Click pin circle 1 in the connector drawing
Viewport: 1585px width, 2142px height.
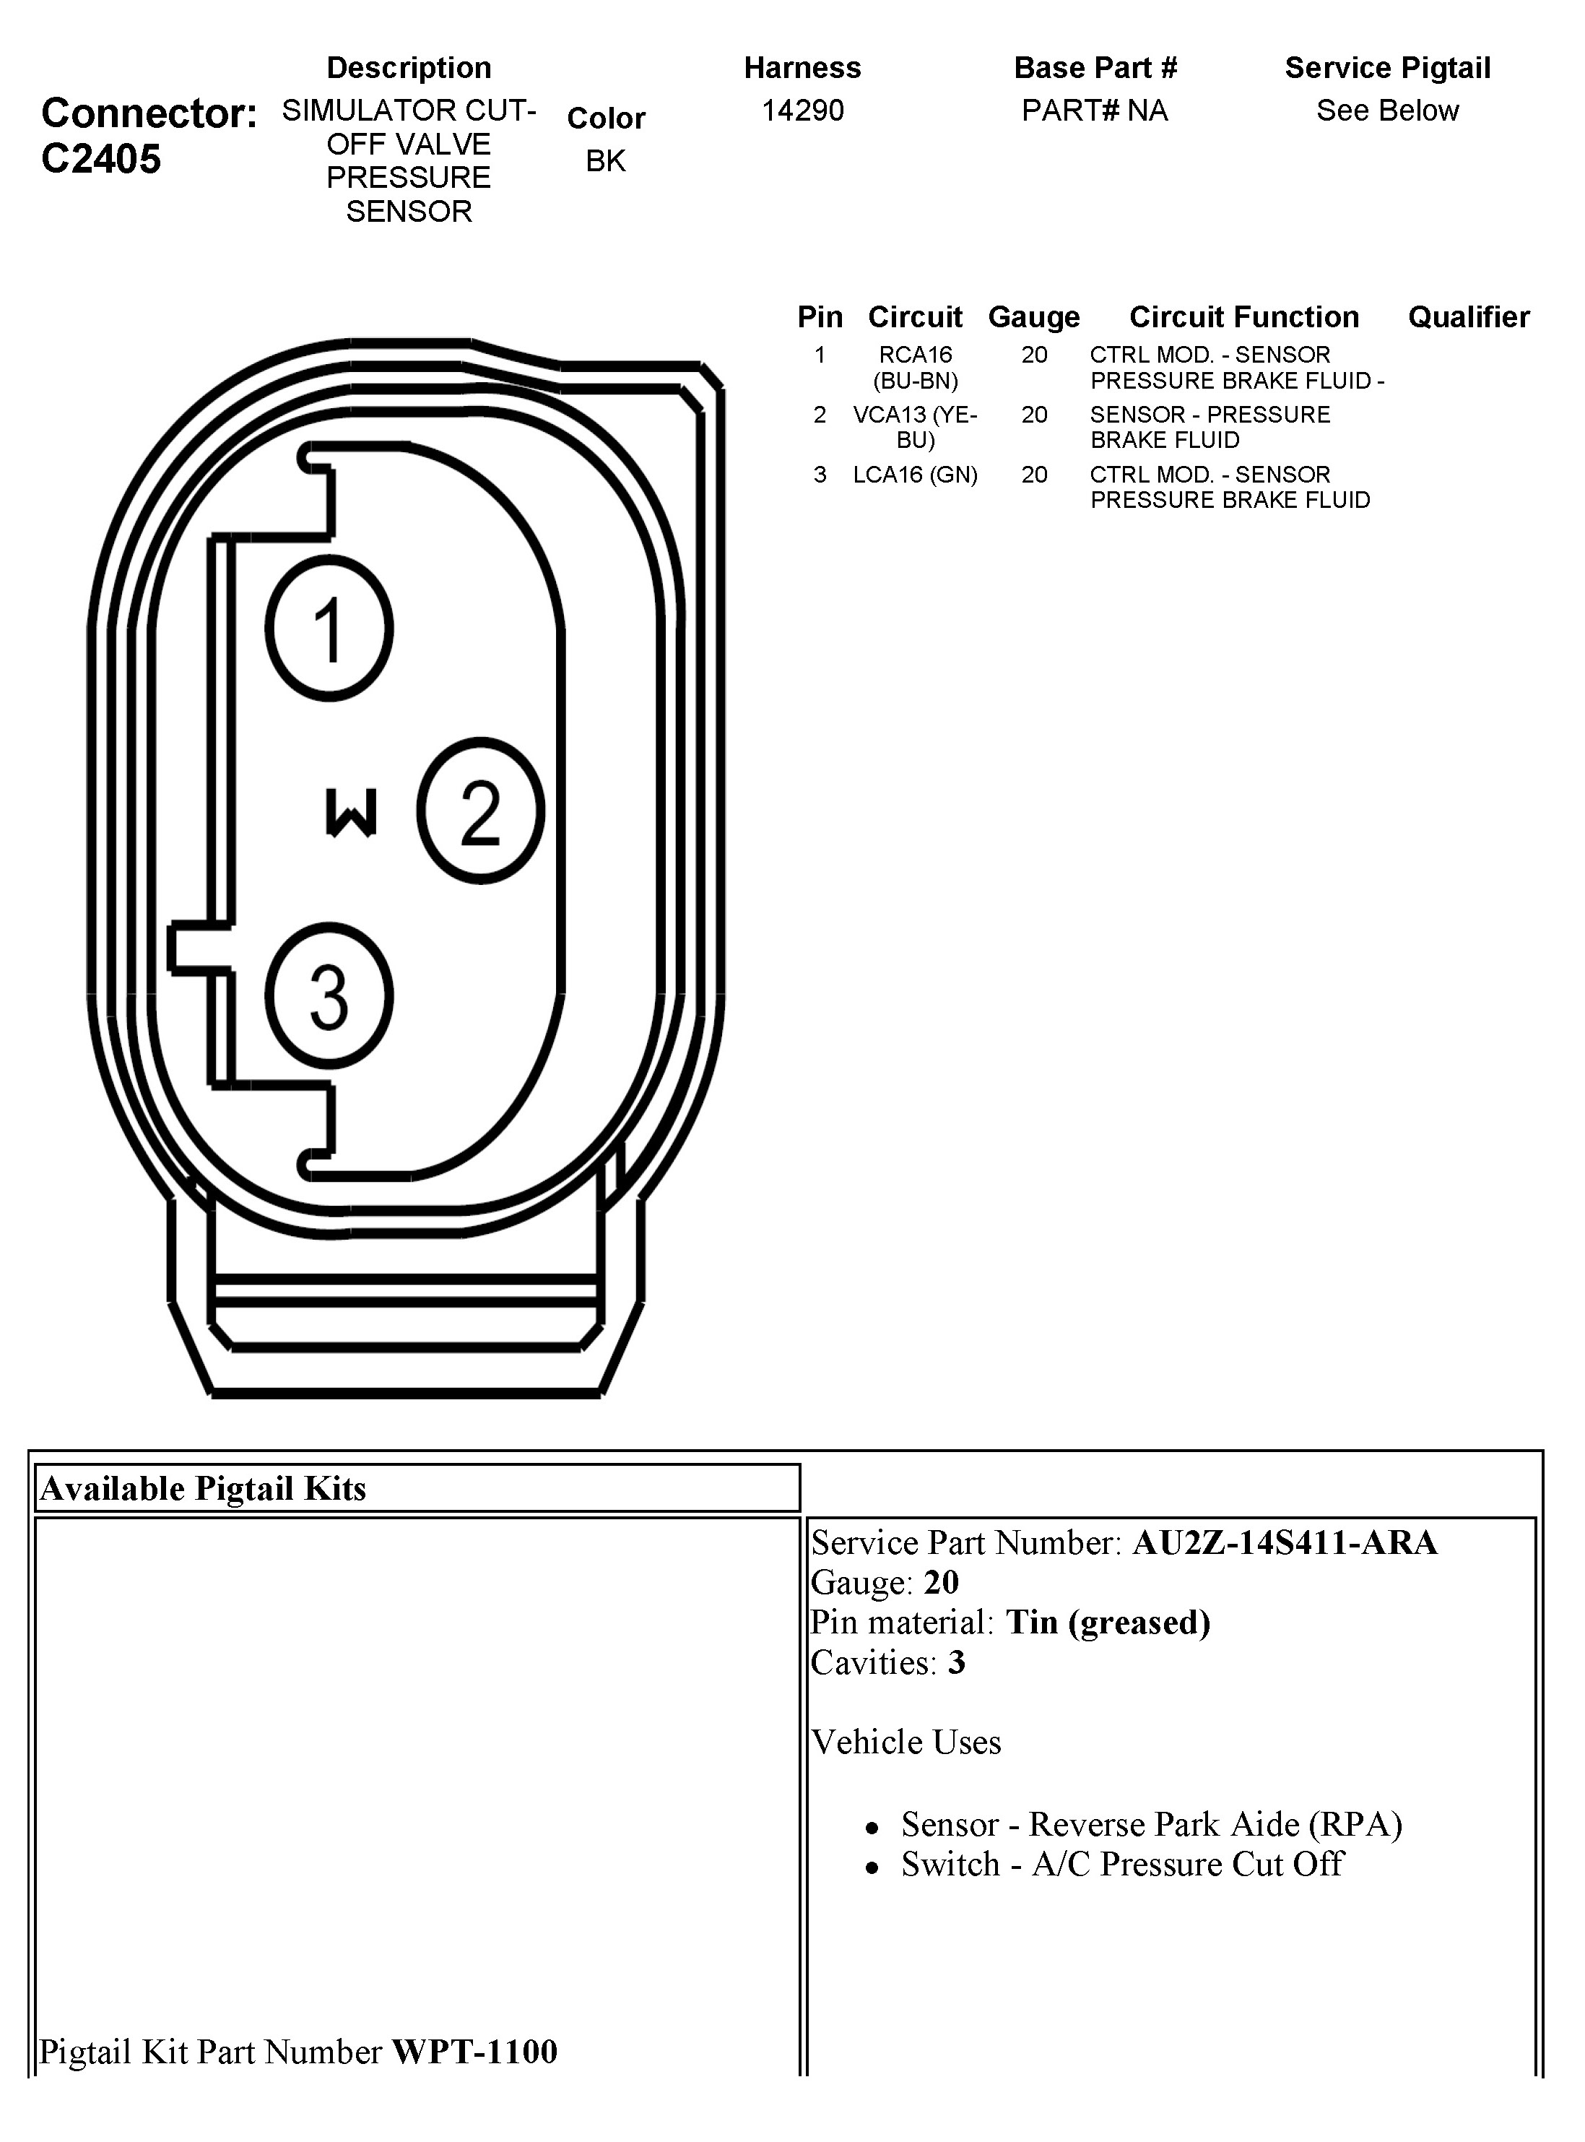(x=329, y=629)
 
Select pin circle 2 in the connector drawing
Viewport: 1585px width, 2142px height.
(x=481, y=811)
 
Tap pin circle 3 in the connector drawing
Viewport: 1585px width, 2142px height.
(x=329, y=996)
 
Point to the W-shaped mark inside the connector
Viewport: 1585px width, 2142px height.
(x=350, y=813)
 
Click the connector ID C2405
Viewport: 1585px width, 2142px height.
(x=101, y=160)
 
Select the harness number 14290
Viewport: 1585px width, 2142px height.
(x=802, y=111)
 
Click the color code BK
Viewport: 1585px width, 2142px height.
(x=605, y=161)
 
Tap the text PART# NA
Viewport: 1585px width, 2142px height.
(x=1094, y=111)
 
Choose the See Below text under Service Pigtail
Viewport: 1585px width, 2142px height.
(x=1386, y=111)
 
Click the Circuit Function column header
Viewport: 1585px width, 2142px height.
(x=1243, y=316)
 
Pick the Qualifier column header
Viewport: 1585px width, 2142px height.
(x=1468, y=316)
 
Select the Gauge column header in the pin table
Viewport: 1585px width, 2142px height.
(x=1033, y=316)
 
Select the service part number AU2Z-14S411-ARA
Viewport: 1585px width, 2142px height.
(x=1285, y=1543)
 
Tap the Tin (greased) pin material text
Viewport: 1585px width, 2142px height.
(x=1107, y=1622)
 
